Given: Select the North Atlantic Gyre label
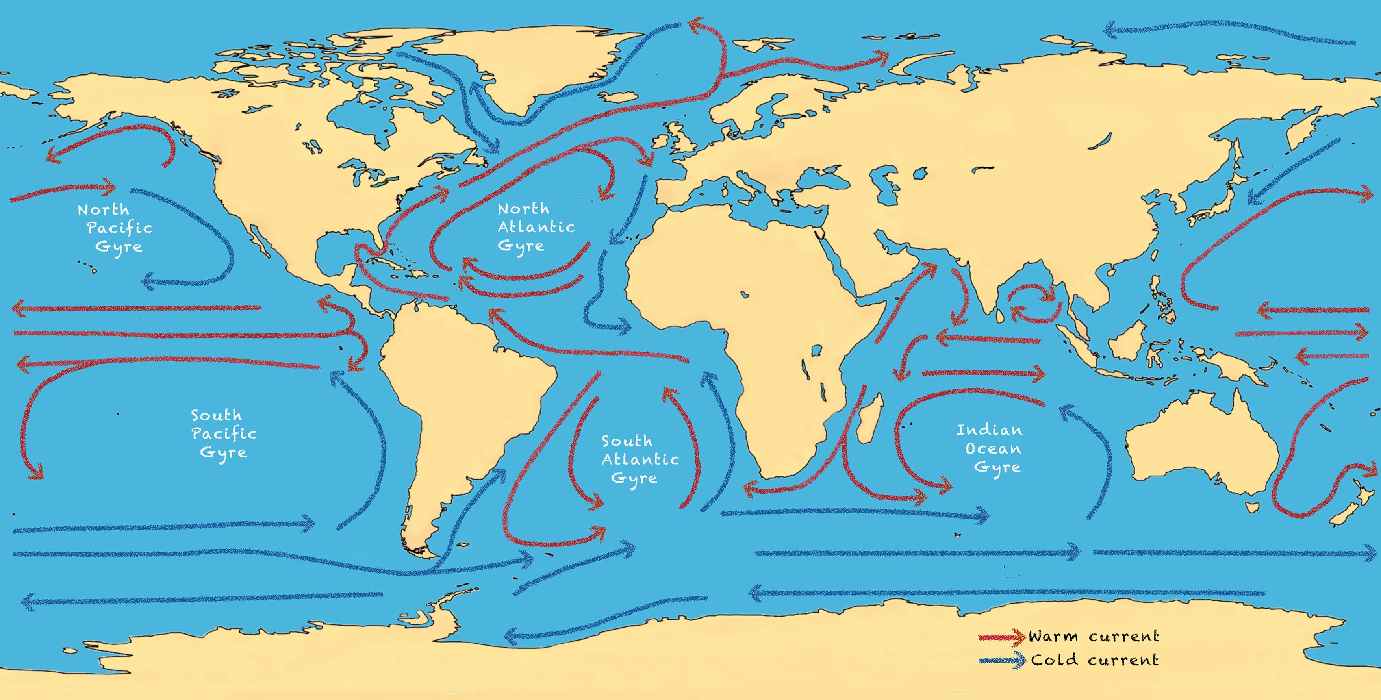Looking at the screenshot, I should coord(535,227).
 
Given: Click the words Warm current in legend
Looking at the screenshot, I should coord(1094,637).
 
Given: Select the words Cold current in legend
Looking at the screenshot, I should coord(1095,660).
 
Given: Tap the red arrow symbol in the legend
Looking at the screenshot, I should coord(1001,637).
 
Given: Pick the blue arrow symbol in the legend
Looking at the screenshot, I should coord(1001,660).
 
